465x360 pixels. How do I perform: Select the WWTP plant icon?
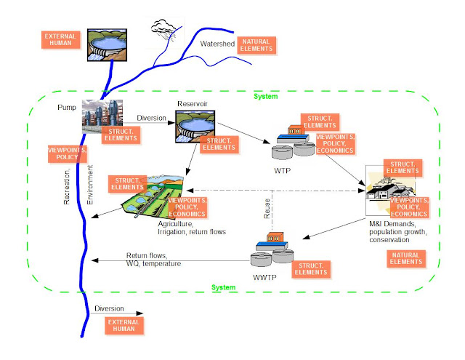268,249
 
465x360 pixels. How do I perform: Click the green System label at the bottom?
223,288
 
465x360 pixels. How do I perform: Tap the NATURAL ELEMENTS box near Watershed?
259,44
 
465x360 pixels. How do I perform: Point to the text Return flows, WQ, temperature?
153,259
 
